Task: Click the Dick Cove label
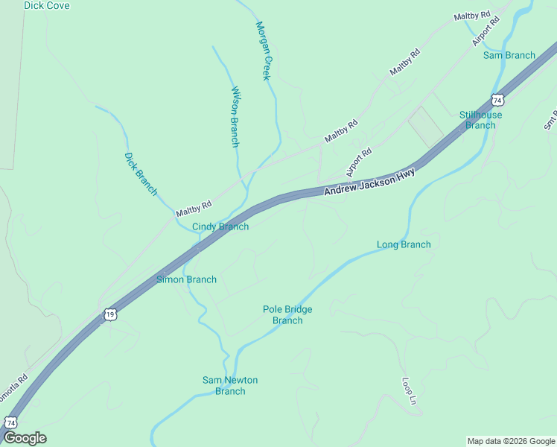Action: [46, 6]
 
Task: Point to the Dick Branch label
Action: [141, 174]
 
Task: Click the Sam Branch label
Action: [509, 55]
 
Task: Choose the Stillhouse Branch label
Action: [480, 120]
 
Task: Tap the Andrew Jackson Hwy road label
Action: [369, 182]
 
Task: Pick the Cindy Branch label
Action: [220, 226]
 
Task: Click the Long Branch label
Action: [404, 244]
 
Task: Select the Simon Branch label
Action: [186, 280]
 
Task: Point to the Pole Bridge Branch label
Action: [287, 315]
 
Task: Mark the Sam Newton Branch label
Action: [230, 386]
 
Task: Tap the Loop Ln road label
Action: [408, 390]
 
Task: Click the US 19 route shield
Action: [110, 314]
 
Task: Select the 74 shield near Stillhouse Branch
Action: [497, 99]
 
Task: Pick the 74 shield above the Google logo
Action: [10, 422]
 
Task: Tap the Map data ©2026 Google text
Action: [511, 441]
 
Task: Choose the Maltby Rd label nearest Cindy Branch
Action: [194, 209]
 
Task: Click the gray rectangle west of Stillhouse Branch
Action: [425, 126]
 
